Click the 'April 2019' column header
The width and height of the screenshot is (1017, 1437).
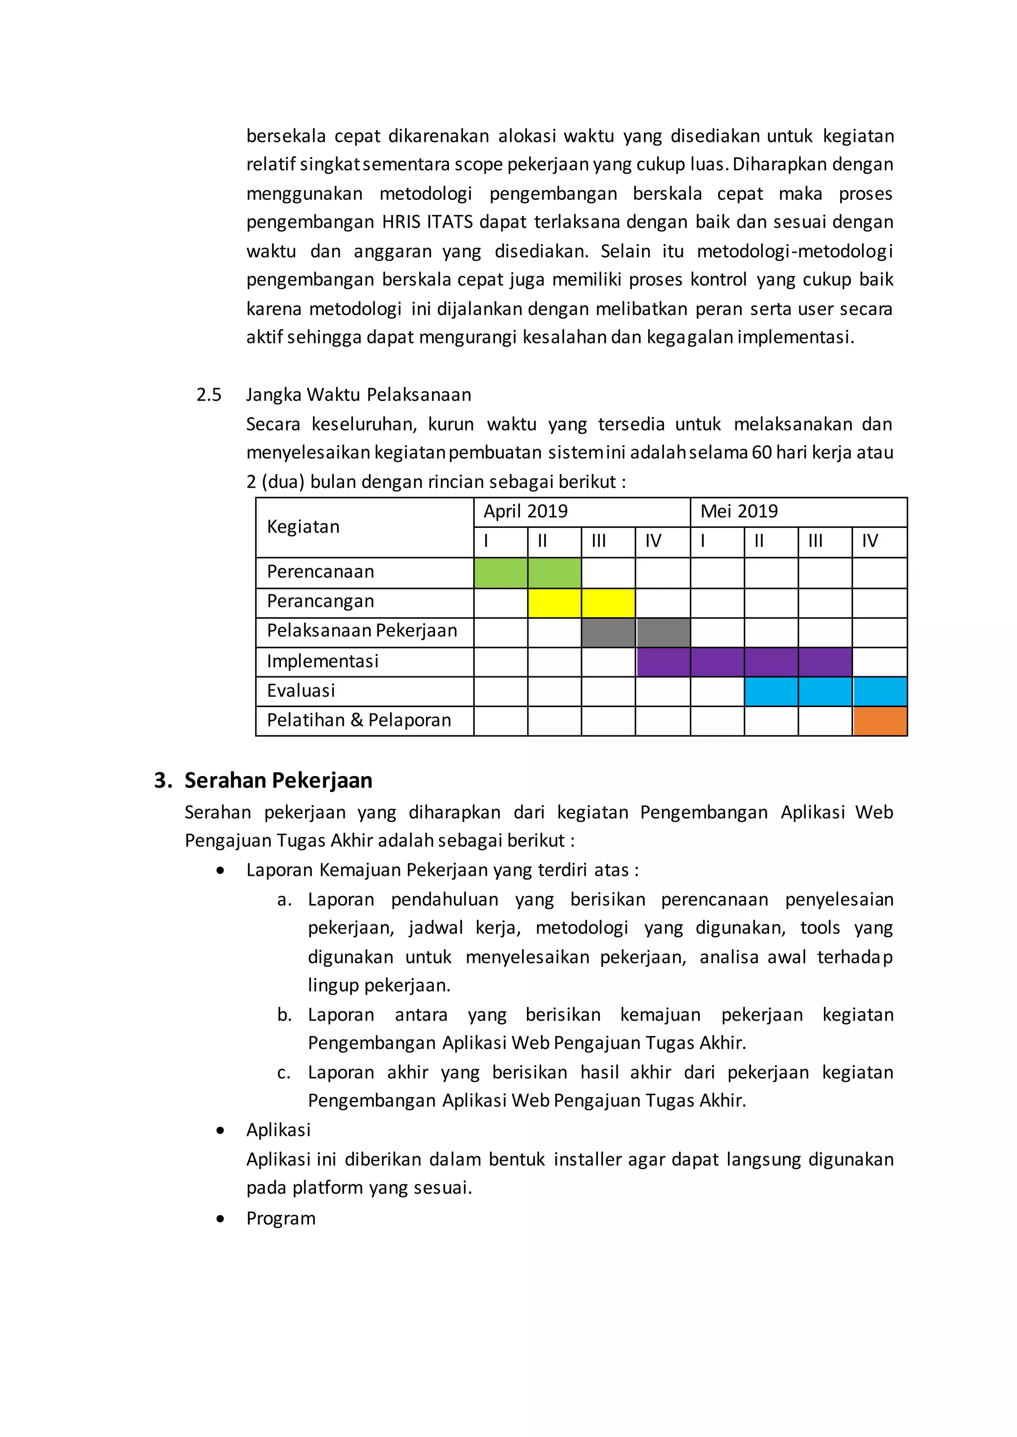click(x=525, y=512)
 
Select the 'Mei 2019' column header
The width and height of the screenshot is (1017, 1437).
click(x=739, y=512)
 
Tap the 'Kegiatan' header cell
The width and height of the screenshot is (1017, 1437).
click(x=303, y=527)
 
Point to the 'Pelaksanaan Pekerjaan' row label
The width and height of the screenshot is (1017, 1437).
click(x=362, y=631)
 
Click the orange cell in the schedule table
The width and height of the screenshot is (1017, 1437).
click(x=879, y=721)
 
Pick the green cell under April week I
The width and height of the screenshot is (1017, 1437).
click(x=501, y=573)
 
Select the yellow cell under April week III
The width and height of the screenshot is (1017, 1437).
click(x=608, y=603)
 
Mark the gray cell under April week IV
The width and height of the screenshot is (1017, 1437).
click(x=663, y=632)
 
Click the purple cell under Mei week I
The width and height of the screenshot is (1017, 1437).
click(x=717, y=662)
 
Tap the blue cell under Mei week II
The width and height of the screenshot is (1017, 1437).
click(x=771, y=692)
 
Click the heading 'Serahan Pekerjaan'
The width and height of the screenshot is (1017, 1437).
click(x=278, y=781)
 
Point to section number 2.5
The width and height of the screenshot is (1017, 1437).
click(x=209, y=395)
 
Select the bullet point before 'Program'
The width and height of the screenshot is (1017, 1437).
click(x=220, y=1219)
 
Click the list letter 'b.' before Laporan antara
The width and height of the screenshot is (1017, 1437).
click(x=285, y=1015)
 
